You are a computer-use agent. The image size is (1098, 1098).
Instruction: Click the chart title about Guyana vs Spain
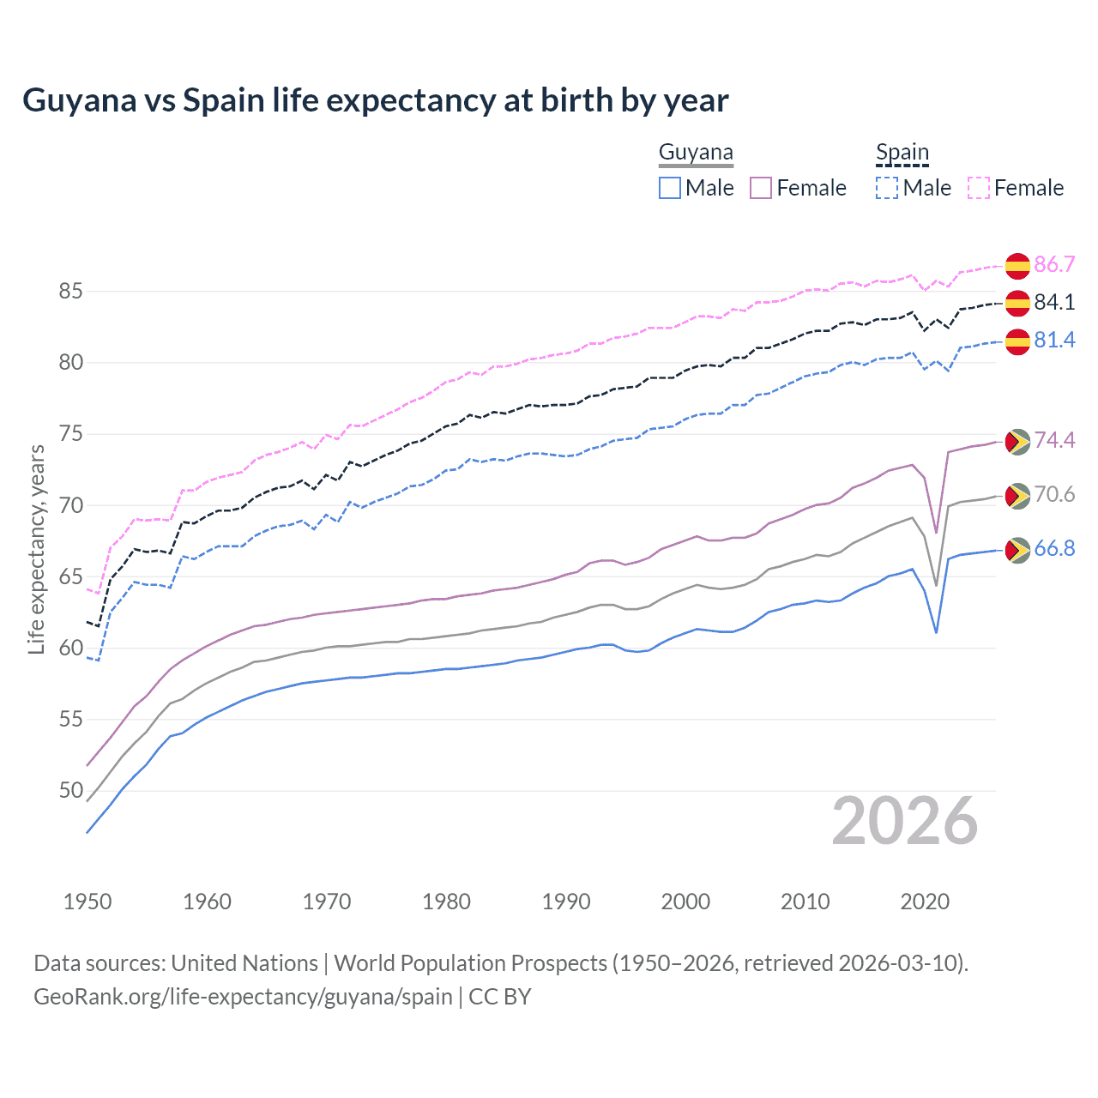point(375,100)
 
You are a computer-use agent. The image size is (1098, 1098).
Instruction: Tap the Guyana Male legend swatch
point(670,188)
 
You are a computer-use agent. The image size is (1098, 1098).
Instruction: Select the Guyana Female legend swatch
point(761,188)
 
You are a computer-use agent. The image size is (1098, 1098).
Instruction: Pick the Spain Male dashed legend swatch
point(887,188)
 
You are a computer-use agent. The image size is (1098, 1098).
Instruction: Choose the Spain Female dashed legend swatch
point(978,188)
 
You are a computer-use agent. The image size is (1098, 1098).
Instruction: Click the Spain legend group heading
point(902,153)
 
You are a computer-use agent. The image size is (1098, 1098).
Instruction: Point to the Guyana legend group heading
point(696,153)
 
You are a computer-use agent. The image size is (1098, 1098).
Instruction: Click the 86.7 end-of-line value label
point(1054,264)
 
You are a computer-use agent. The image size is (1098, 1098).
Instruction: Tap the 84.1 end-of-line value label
point(1054,302)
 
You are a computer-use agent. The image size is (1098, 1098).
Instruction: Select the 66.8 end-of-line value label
point(1054,549)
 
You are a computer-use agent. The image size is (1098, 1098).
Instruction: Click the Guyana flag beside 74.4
point(1017,441)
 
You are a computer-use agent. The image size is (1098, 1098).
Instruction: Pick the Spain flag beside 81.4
point(1017,341)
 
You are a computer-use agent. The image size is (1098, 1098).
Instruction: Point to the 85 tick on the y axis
point(70,292)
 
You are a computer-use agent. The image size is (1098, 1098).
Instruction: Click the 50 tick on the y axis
point(70,790)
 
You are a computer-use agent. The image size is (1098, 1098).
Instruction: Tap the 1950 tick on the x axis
point(87,902)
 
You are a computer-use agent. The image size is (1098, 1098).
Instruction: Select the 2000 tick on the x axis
point(685,902)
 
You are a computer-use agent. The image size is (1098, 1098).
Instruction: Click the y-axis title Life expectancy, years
point(36,549)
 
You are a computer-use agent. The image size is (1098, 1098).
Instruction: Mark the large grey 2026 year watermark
point(904,822)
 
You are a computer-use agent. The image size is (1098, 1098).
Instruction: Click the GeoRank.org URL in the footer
point(243,997)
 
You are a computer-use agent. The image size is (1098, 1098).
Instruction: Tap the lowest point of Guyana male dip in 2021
point(936,632)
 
